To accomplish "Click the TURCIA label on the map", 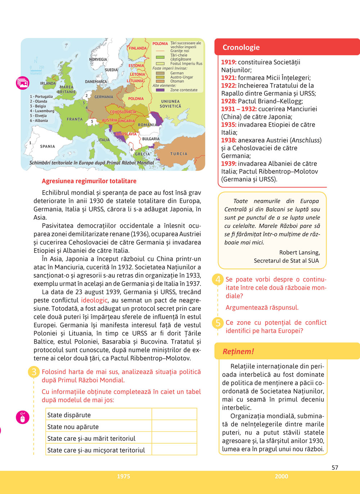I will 179,154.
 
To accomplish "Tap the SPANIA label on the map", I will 48,146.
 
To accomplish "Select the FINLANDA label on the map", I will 138,48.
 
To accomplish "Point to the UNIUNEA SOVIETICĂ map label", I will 170,104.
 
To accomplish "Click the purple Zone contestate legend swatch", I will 160,90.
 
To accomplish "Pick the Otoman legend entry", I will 177,81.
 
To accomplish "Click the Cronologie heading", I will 241,47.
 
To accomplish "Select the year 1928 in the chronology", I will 229,101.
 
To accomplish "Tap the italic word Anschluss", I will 306,140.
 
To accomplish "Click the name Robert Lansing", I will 300,253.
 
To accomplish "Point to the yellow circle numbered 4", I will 218,280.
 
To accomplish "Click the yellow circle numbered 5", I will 218,323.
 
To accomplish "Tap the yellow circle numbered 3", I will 34,372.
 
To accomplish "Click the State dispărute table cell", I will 69,415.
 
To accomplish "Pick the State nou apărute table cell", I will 73,427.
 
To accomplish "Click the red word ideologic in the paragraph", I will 94,300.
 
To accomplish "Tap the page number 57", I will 335,467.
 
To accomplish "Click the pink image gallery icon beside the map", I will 23,83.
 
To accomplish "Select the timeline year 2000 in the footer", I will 282,476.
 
